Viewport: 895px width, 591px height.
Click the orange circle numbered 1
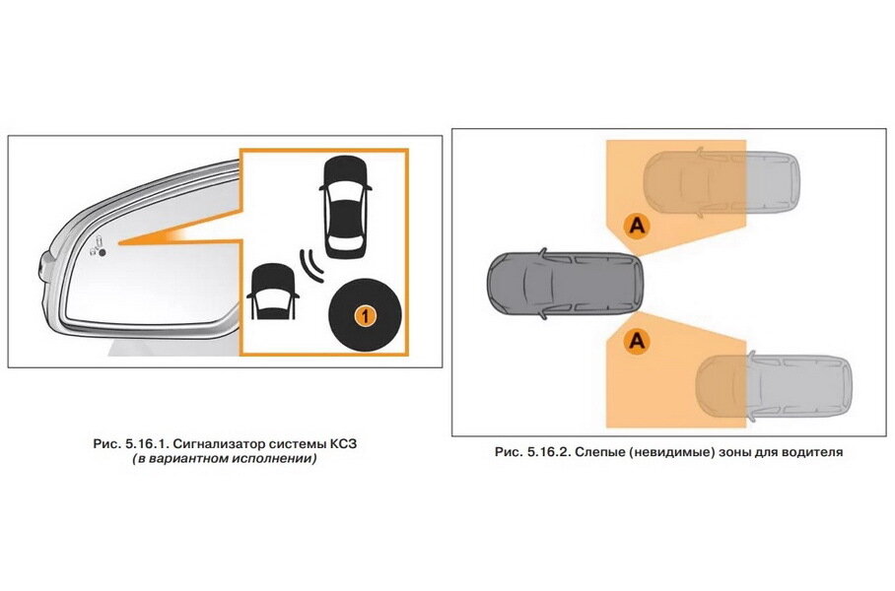[x=364, y=315]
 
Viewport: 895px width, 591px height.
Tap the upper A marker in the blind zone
[x=638, y=227]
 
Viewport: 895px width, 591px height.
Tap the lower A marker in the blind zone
[x=638, y=341]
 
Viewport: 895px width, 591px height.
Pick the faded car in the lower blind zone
[x=772, y=386]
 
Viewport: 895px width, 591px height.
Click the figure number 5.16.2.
[x=547, y=452]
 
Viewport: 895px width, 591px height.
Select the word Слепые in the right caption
[x=603, y=452]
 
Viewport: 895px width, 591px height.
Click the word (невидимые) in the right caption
[x=678, y=452]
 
